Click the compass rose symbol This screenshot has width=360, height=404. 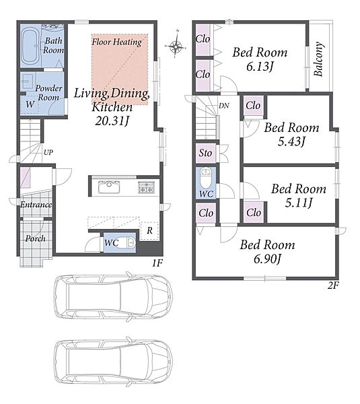click(x=176, y=46)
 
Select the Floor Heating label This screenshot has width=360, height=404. click(x=116, y=42)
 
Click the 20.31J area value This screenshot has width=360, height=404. click(x=112, y=121)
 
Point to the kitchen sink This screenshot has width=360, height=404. click(x=109, y=187)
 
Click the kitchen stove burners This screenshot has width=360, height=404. click(x=146, y=187)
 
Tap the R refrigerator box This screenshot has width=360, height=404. click(x=149, y=230)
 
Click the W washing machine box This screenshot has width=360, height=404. click(x=30, y=104)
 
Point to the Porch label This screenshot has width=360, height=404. click(x=36, y=238)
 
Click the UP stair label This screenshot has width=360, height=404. click(x=48, y=152)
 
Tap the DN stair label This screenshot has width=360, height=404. click(x=224, y=106)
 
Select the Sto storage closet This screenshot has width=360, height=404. click(x=205, y=153)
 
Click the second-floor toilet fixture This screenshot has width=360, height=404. click(x=205, y=178)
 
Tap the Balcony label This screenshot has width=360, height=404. click(x=318, y=59)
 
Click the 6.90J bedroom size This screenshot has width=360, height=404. click(x=267, y=259)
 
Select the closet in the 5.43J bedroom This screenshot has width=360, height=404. click(x=253, y=106)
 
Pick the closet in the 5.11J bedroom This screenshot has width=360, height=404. click(x=254, y=213)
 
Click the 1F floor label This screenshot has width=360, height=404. click(x=157, y=263)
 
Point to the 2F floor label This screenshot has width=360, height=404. click(x=333, y=285)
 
